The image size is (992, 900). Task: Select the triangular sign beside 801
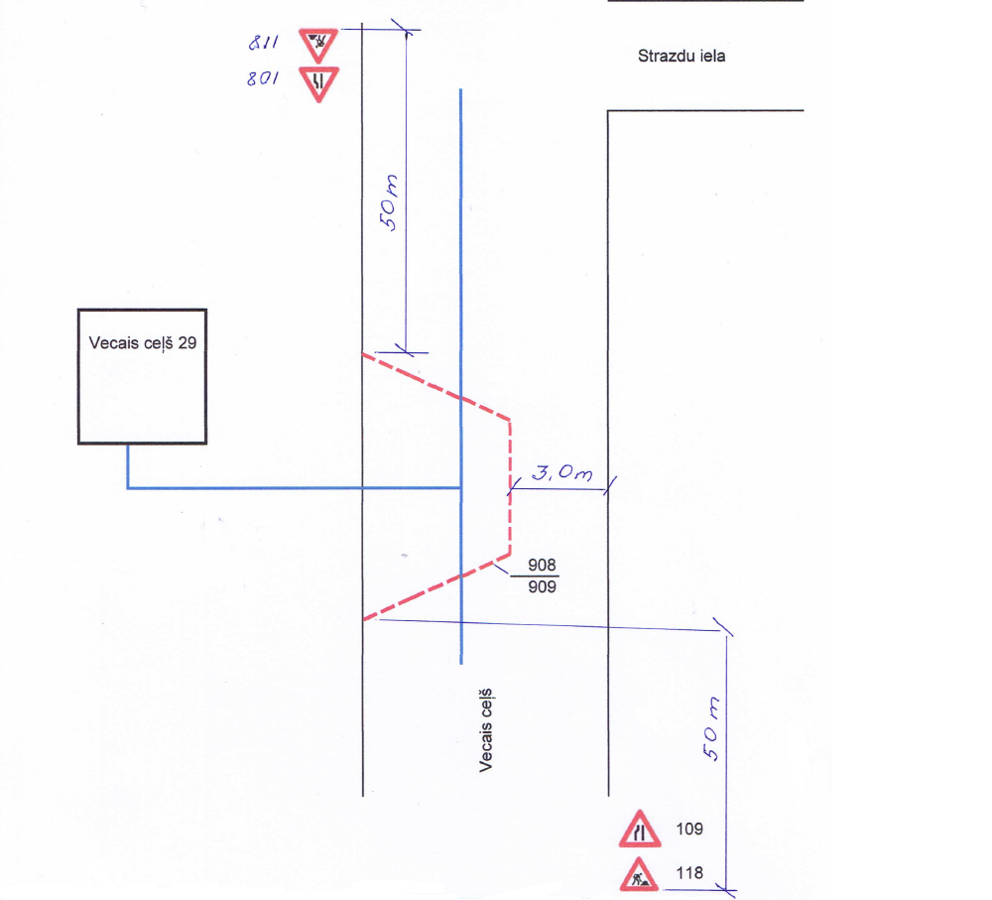tap(318, 81)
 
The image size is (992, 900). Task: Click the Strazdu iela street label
tap(681, 57)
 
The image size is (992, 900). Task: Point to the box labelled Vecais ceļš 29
tap(142, 376)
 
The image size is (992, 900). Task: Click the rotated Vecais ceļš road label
tap(486, 732)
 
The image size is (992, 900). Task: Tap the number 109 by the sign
tap(689, 827)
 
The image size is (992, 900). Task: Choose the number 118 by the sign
tap(689, 873)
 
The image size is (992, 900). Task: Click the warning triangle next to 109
tap(640, 829)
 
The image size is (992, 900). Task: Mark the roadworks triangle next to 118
tap(640, 874)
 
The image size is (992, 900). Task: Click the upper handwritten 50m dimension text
tap(391, 201)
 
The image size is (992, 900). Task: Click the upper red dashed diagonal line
tap(435, 386)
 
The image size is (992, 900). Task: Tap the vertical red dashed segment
tap(510, 486)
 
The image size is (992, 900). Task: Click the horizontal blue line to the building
tap(298, 488)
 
